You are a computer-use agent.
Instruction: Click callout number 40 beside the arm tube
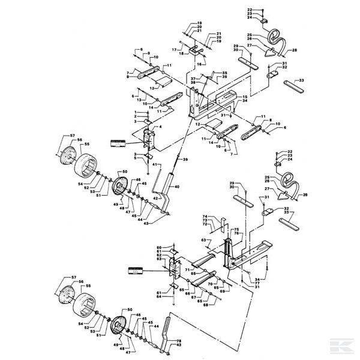click(178, 187)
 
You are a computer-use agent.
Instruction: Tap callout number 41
click(155, 164)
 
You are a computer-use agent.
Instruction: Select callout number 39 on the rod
click(185, 160)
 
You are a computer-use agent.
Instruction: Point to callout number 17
click(175, 49)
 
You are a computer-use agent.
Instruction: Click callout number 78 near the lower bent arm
click(178, 341)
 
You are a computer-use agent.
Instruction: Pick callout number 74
click(204, 216)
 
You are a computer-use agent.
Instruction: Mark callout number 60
click(160, 248)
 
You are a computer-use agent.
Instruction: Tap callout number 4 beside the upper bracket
click(160, 127)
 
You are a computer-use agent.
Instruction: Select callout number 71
click(187, 271)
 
